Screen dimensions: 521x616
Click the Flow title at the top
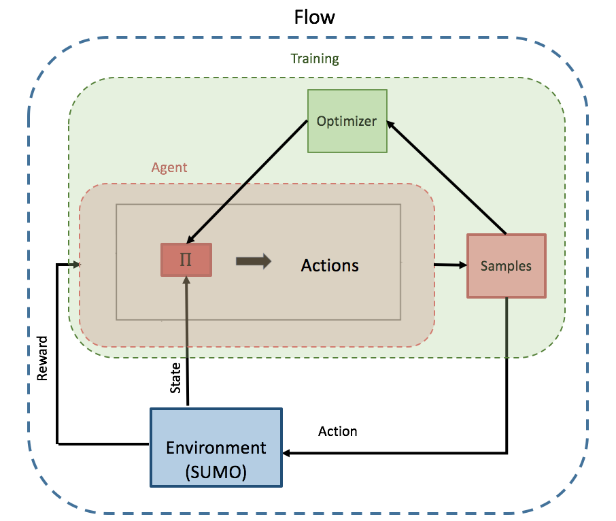tap(314, 17)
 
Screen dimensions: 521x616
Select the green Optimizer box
tap(347, 121)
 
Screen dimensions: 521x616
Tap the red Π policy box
tap(186, 260)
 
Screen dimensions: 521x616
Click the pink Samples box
tap(506, 266)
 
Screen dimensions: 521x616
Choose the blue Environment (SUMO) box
tap(216, 448)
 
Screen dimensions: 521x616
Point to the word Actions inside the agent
tap(330, 265)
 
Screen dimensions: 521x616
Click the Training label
tap(315, 58)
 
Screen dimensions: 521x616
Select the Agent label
tap(169, 167)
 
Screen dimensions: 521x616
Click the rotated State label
tap(175, 378)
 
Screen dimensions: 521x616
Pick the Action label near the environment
tap(337, 431)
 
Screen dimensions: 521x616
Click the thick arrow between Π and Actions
tap(253, 261)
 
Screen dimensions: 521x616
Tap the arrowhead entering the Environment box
tap(288, 453)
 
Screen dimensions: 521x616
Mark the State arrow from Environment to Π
tap(186, 340)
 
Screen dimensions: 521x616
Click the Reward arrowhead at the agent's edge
tap(77, 264)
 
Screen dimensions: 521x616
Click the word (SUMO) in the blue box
tap(216, 471)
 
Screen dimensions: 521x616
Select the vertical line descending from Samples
tap(507, 374)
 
